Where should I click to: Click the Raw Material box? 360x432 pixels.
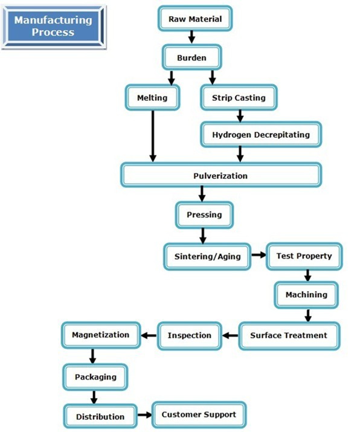pos(195,19)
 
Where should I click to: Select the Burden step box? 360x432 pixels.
pos(191,57)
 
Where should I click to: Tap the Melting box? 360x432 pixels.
pos(152,97)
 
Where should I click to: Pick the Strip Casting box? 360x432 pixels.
pos(239,97)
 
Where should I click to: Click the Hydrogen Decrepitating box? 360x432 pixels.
pos(261,135)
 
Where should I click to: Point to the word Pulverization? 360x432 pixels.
pos(220,176)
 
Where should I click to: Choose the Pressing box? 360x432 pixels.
pos(204,215)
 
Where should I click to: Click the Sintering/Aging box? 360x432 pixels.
pos(207,257)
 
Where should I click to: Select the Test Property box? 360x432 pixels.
pos(304,256)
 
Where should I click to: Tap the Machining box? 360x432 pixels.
pos(306,295)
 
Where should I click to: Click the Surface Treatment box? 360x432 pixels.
pos(289,335)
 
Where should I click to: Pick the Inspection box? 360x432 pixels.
pos(190,335)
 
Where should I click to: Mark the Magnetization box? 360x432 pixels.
pos(101,335)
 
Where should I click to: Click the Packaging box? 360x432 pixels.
pos(95,377)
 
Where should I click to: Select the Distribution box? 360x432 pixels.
pos(100,416)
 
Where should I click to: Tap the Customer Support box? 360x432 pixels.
pos(199,414)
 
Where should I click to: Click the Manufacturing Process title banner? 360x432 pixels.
pos(53,27)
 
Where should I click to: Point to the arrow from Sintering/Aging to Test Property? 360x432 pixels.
pos(259,255)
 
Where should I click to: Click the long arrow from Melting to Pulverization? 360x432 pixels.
pos(153,136)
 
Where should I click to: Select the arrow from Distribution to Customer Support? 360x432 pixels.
pos(144,414)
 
